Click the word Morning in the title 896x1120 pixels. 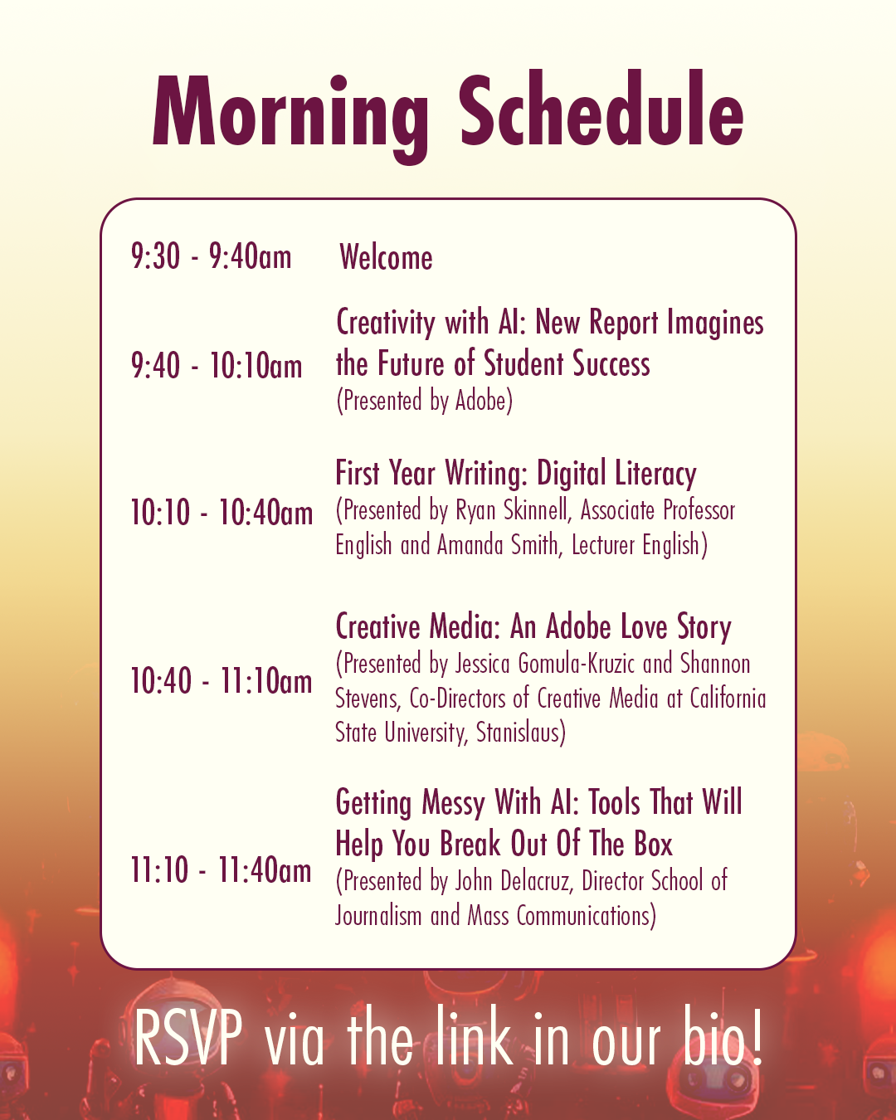click(x=290, y=118)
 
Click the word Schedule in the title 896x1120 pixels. click(x=601, y=109)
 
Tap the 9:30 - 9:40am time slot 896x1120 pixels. click(x=211, y=256)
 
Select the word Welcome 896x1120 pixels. click(x=386, y=257)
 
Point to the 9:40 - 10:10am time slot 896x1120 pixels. click(x=216, y=365)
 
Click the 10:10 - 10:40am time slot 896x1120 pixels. click(x=222, y=512)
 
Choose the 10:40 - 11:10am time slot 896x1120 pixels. click(x=222, y=680)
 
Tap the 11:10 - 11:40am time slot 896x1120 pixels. click(x=221, y=869)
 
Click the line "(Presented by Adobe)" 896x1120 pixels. click(x=424, y=402)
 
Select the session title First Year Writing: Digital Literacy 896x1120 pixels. click(x=515, y=474)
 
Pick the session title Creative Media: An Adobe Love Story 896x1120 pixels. click(x=533, y=626)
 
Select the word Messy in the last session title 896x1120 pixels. click(x=453, y=802)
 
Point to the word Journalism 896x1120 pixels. click(x=378, y=915)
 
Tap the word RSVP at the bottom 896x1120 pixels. click(x=188, y=1039)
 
